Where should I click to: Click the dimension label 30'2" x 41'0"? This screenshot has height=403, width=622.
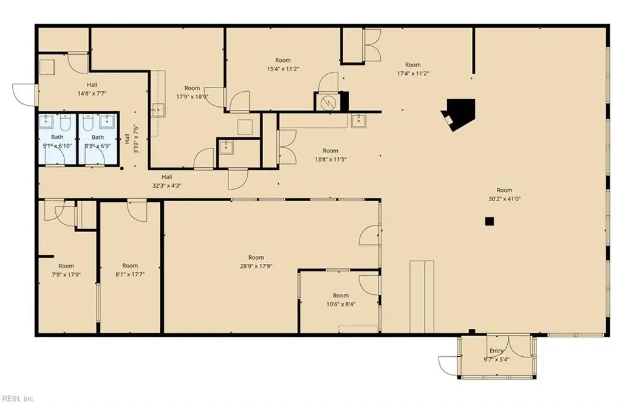(x=504, y=199)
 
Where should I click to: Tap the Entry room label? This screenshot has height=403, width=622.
(x=496, y=351)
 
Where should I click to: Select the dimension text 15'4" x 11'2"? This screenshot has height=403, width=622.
(x=283, y=69)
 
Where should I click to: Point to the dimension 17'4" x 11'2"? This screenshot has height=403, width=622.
(x=413, y=73)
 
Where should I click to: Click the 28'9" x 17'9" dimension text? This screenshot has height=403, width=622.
(x=256, y=266)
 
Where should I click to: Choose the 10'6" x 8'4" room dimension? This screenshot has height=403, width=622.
(x=340, y=304)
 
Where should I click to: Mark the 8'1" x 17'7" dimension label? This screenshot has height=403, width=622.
(x=130, y=274)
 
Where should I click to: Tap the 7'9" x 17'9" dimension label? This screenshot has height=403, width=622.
(x=66, y=274)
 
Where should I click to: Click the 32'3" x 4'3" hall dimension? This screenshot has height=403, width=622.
(x=166, y=185)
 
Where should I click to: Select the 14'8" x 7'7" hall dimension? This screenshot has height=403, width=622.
(x=92, y=94)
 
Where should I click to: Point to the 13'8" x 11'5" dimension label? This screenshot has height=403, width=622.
(x=330, y=159)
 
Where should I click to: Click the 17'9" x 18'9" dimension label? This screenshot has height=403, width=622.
(x=192, y=97)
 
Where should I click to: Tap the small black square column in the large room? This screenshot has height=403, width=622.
(x=490, y=221)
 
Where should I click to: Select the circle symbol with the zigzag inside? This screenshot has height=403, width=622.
(x=328, y=103)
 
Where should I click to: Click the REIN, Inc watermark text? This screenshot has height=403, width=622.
(x=18, y=398)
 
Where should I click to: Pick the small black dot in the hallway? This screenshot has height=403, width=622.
(x=121, y=169)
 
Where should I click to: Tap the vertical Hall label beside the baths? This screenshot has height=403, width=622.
(x=128, y=138)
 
